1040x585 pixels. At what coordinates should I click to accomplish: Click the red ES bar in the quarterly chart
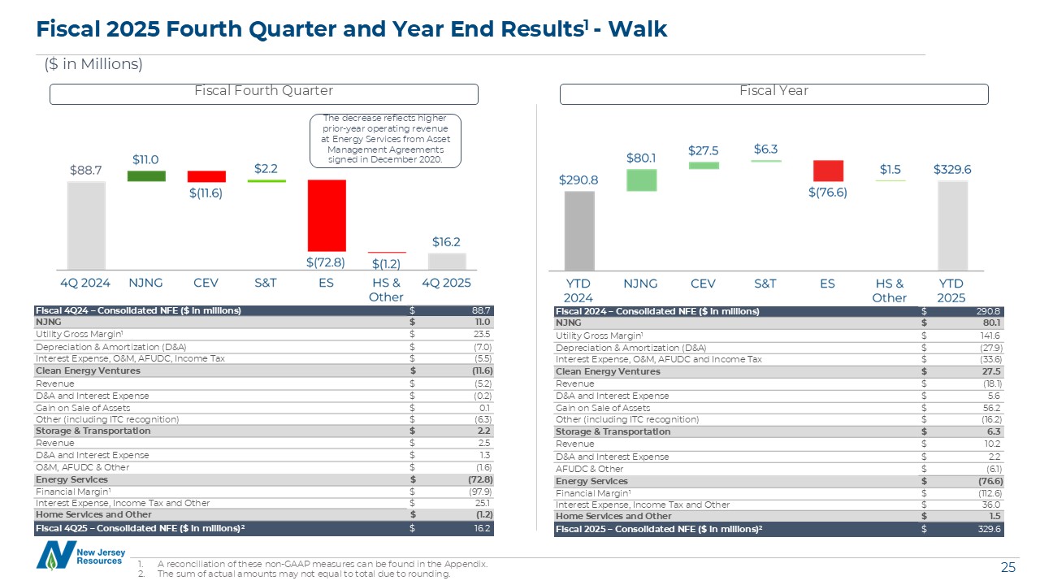(x=326, y=215)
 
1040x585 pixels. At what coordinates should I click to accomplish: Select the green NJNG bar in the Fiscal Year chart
(x=641, y=180)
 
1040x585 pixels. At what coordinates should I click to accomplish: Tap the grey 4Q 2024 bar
(x=86, y=225)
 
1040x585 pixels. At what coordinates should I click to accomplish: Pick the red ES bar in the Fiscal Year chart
(x=828, y=171)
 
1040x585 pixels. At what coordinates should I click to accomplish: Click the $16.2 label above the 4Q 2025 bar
(x=446, y=242)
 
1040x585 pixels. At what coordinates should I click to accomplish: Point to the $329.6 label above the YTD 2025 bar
(x=952, y=170)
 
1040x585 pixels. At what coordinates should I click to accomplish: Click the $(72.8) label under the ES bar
(x=325, y=262)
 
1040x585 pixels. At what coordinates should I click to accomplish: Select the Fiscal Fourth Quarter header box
(x=264, y=94)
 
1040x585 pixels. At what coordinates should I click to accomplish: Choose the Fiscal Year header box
(x=773, y=94)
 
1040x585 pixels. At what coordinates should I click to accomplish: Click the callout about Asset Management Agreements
(x=385, y=140)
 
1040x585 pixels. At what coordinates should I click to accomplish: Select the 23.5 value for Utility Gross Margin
(x=482, y=334)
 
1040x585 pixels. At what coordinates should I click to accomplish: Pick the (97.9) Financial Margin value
(x=479, y=491)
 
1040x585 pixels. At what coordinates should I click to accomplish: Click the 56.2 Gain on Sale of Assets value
(x=993, y=408)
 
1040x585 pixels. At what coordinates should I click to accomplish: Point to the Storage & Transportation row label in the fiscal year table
(x=613, y=431)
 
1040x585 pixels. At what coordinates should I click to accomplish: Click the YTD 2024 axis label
(x=578, y=290)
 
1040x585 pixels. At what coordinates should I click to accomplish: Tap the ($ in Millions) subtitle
(x=93, y=64)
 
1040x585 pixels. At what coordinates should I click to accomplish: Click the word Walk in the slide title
(x=637, y=30)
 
